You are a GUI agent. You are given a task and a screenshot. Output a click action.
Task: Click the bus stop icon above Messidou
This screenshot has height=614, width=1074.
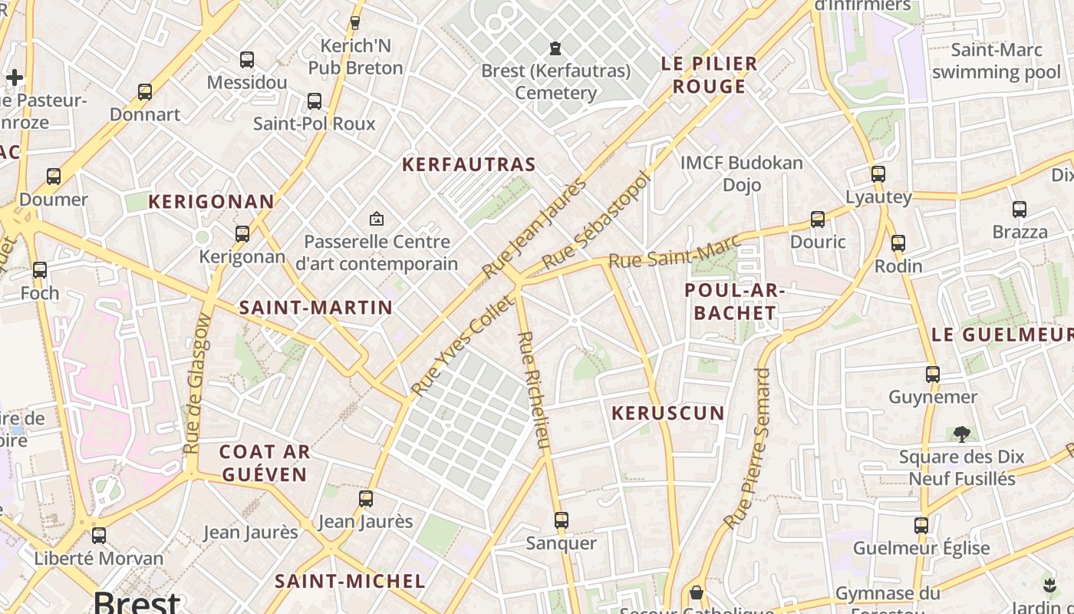pyautogui.click(x=246, y=59)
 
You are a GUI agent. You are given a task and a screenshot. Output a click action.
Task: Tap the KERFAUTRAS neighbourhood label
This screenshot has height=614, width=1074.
pyautogui.click(x=469, y=164)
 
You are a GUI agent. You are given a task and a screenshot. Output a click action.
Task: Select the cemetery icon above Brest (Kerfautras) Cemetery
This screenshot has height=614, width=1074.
pyautogui.click(x=555, y=48)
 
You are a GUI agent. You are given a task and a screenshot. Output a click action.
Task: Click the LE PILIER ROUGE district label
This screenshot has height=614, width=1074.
pyautogui.click(x=709, y=74)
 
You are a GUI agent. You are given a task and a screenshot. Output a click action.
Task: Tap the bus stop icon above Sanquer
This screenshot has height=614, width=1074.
pyautogui.click(x=562, y=520)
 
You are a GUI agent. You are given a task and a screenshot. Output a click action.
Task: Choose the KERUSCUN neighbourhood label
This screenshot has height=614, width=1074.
pyautogui.click(x=667, y=413)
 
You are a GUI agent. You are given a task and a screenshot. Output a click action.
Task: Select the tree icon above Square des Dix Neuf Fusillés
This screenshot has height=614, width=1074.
pyautogui.click(x=961, y=434)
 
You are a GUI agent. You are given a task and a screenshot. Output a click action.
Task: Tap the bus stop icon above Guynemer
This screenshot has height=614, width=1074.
pyautogui.click(x=933, y=375)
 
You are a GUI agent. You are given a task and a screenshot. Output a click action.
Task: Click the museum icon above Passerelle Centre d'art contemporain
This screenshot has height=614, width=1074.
pyautogui.click(x=376, y=219)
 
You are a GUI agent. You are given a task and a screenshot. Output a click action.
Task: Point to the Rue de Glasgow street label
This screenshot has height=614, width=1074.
pyautogui.click(x=197, y=383)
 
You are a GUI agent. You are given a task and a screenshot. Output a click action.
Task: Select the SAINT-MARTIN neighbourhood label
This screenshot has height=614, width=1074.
pyautogui.click(x=316, y=308)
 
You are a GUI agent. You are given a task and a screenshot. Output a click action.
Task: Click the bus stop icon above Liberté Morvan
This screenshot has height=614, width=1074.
pyautogui.click(x=99, y=536)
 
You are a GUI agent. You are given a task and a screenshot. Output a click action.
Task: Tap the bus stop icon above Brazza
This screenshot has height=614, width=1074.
pyautogui.click(x=1020, y=209)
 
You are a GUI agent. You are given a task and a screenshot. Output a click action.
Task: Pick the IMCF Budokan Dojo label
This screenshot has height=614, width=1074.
pyautogui.click(x=742, y=173)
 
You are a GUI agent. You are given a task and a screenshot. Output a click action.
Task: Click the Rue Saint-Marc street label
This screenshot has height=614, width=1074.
pyautogui.click(x=674, y=251)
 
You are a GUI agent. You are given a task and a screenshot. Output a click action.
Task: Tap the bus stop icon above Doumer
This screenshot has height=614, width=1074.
pyautogui.click(x=54, y=177)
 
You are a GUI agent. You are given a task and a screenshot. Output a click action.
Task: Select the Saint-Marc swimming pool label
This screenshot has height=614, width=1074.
pyautogui.click(x=997, y=61)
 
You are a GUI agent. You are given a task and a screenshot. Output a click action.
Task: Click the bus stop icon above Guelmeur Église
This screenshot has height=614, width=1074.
pyautogui.click(x=921, y=526)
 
